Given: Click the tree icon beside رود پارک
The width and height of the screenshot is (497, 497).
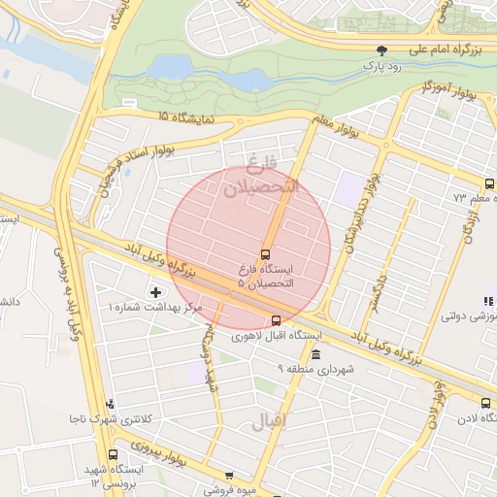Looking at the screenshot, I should [x=381, y=50].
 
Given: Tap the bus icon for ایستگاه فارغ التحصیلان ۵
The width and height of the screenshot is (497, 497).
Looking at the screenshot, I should [x=266, y=253].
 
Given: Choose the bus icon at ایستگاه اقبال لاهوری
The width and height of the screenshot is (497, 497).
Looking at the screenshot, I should [x=276, y=319].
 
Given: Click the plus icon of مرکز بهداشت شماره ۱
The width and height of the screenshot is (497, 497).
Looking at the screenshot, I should [x=155, y=292].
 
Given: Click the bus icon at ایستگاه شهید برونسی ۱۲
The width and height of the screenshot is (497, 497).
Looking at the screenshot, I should [x=114, y=454].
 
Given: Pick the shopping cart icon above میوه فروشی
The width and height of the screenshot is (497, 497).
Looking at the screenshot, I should [x=229, y=476].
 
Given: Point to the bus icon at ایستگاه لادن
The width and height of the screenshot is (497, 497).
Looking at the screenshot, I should [x=485, y=403].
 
